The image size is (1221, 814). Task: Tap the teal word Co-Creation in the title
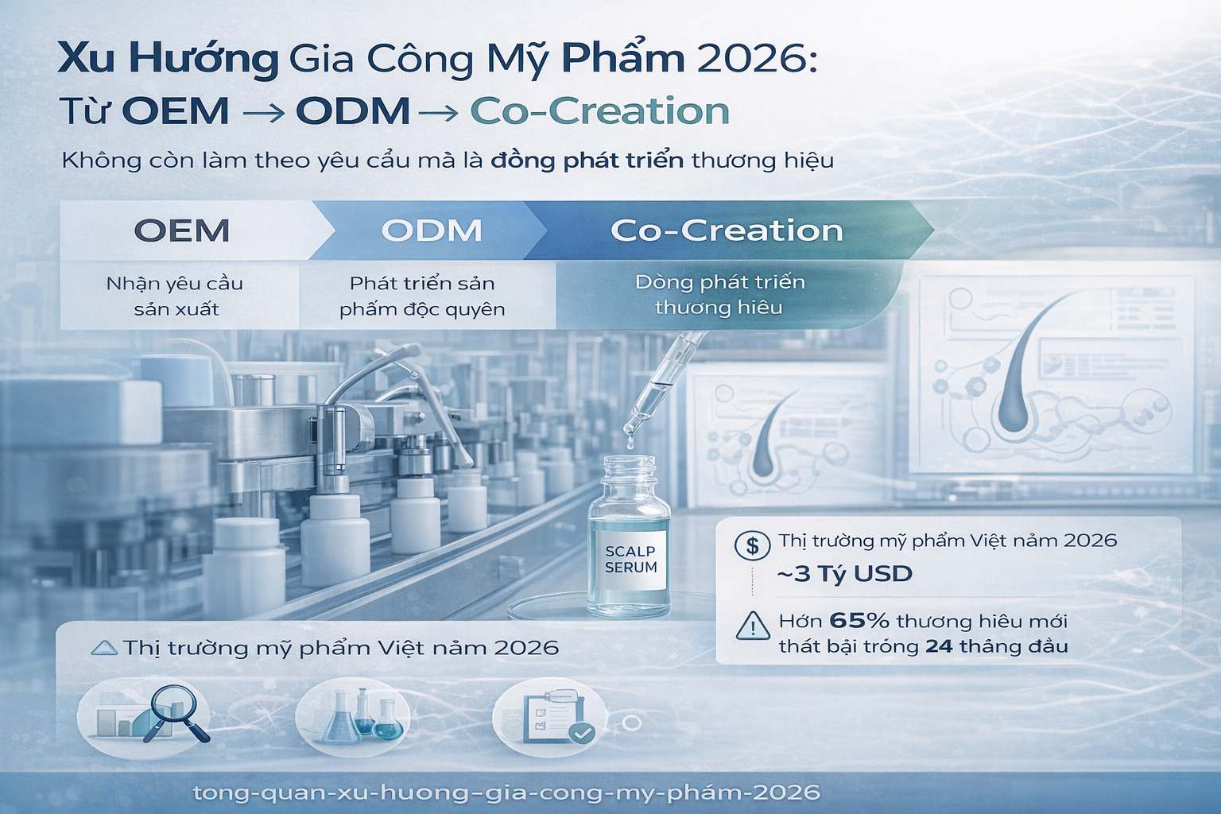599,111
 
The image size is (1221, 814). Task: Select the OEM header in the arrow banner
182,231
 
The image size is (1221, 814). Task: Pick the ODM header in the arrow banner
432,231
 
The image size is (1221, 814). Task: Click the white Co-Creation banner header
727,231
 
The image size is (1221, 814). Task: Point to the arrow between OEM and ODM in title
262,114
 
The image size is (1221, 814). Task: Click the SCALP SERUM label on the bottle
630,560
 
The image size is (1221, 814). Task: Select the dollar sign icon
752,545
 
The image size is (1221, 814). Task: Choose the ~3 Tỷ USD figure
844,574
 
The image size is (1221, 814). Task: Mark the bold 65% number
859,621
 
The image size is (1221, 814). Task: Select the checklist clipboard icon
556,715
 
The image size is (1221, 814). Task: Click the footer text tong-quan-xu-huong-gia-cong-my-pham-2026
506,793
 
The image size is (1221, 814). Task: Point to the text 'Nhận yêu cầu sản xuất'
175,296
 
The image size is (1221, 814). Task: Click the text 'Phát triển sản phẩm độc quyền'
422,296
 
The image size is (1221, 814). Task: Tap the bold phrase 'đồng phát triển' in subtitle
587,161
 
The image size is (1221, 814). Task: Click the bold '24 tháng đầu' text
997,646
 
